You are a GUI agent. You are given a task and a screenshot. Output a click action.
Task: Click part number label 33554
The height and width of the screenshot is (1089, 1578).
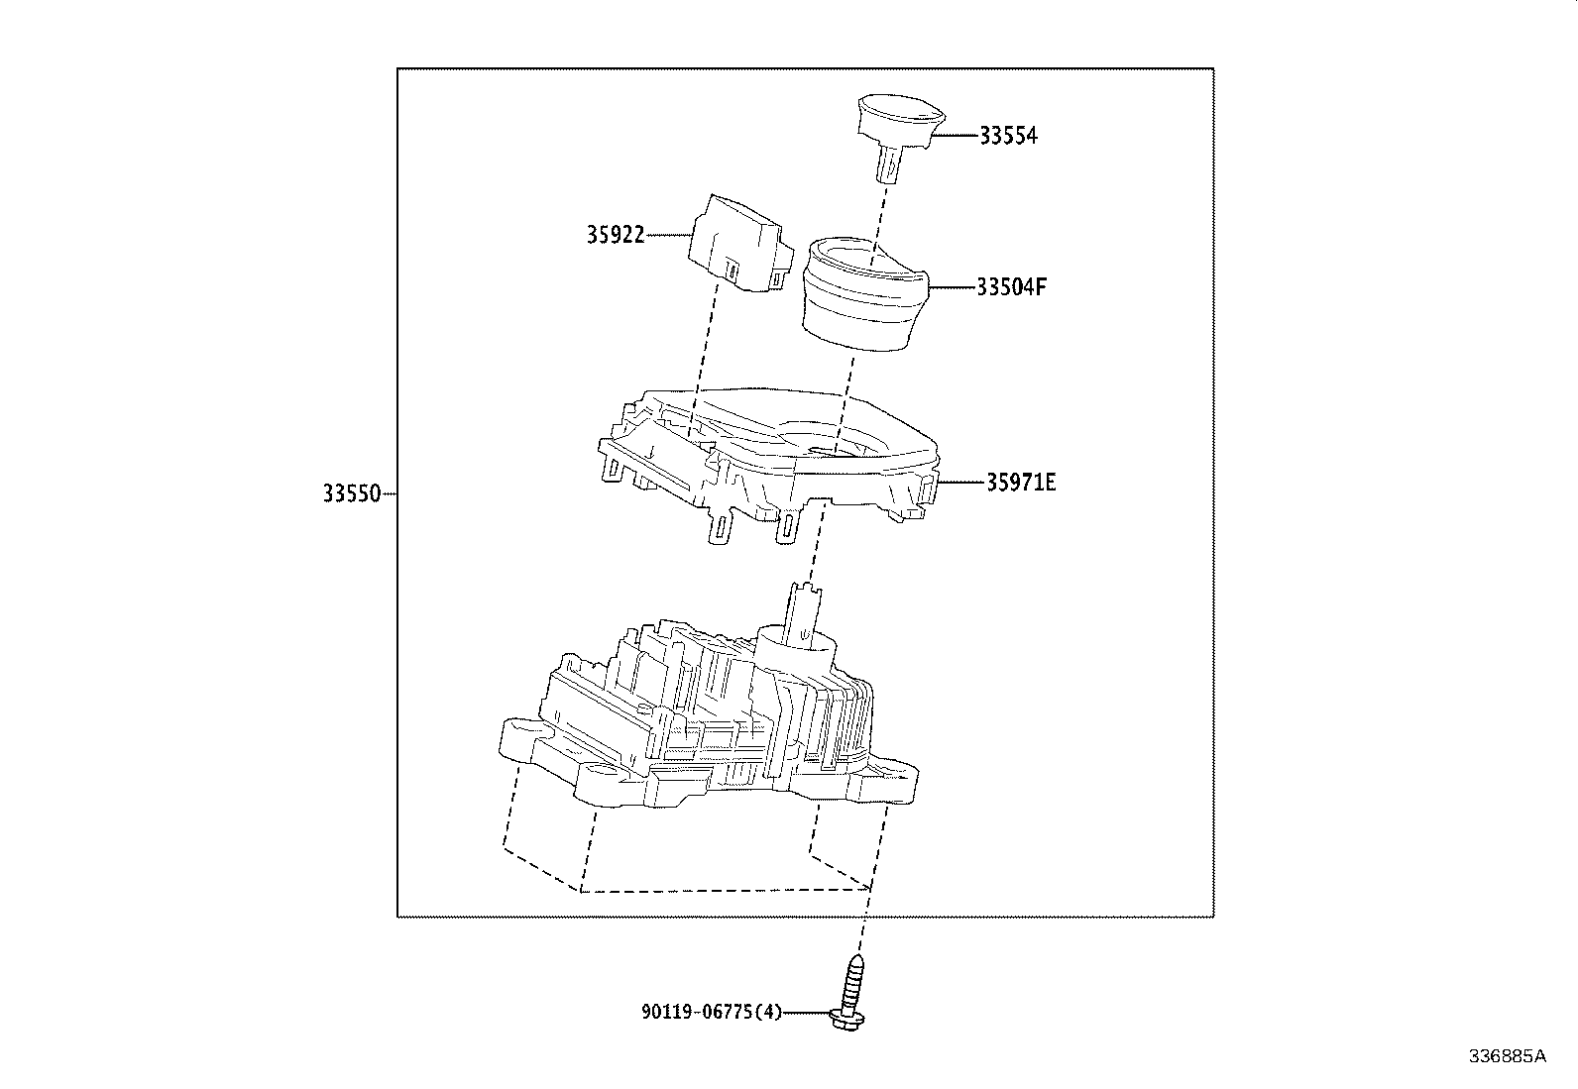[1008, 136]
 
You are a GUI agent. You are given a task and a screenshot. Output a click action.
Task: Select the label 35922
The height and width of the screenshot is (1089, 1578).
[615, 235]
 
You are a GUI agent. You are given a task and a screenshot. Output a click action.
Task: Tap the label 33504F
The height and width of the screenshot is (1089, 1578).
[1011, 287]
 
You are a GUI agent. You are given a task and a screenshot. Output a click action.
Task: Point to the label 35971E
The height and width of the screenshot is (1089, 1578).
[1021, 483]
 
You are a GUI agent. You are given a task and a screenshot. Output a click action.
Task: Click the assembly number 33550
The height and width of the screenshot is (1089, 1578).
[351, 493]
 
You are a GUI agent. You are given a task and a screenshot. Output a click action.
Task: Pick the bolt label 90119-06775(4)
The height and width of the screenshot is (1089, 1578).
[712, 1012]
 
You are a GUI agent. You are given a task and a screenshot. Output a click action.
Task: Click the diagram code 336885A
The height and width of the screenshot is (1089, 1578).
[1507, 1056]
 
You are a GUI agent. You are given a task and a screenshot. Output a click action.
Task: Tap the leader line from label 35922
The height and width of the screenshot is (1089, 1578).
[669, 235]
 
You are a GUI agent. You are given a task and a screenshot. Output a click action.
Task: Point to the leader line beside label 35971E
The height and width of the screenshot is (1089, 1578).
[961, 483]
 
